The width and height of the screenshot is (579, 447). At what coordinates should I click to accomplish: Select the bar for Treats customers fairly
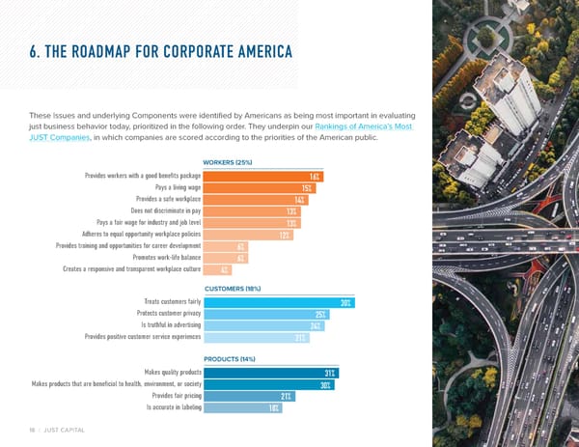[x=279, y=303]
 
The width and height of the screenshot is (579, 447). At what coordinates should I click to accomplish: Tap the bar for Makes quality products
[x=271, y=373]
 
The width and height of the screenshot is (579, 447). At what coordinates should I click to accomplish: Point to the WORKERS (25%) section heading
[x=228, y=162]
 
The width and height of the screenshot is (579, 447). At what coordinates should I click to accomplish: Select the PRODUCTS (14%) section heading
[x=229, y=359]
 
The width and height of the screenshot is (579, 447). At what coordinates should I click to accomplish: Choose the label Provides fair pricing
[x=177, y=396]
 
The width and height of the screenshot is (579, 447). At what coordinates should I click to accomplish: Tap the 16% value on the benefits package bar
[x=316, y=176]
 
